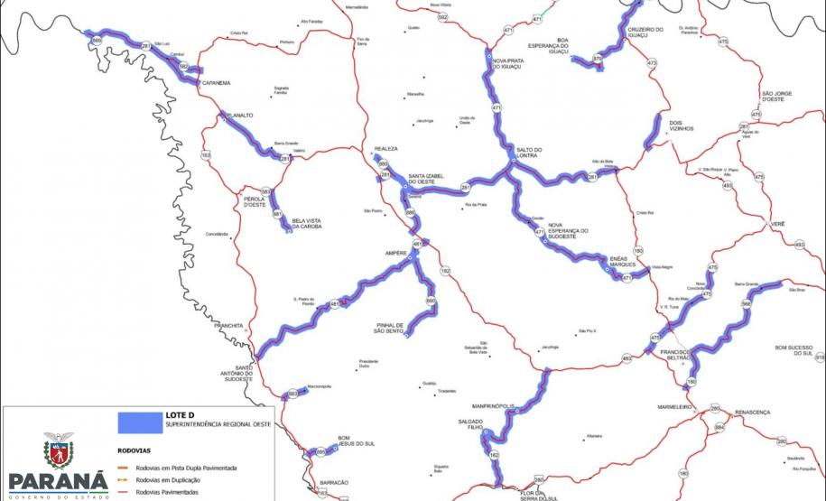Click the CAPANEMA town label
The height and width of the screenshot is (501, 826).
tap(217, 83)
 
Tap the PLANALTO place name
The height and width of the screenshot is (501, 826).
tap(239, 116)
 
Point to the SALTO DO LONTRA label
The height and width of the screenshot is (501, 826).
tap(529, 153)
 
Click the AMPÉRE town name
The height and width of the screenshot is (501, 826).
tap(396, 253)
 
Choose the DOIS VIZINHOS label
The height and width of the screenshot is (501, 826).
tap(682, 125)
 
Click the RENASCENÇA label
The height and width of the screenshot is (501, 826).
tap(753, 412)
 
